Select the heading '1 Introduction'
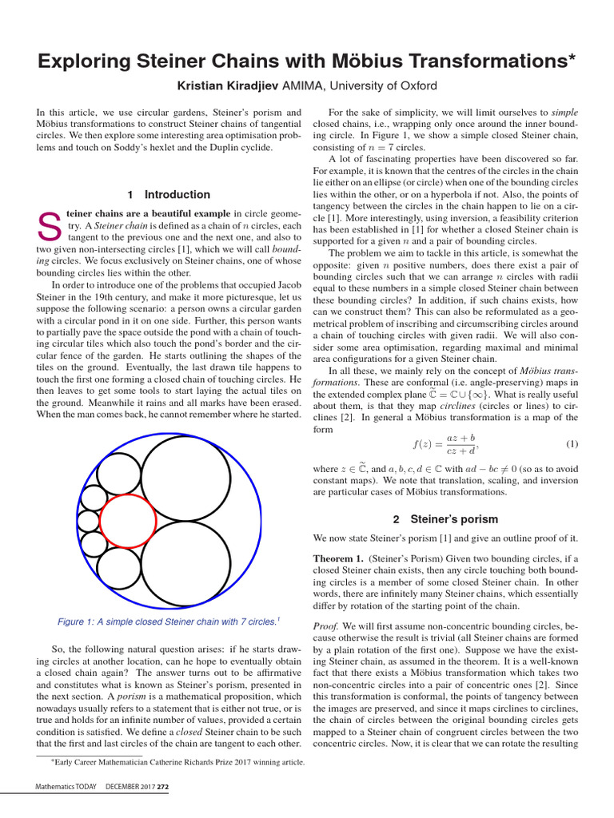click(169, 194)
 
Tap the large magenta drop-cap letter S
click(50, 229)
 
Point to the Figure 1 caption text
click(168, 621)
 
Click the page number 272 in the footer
click(163, 788)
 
